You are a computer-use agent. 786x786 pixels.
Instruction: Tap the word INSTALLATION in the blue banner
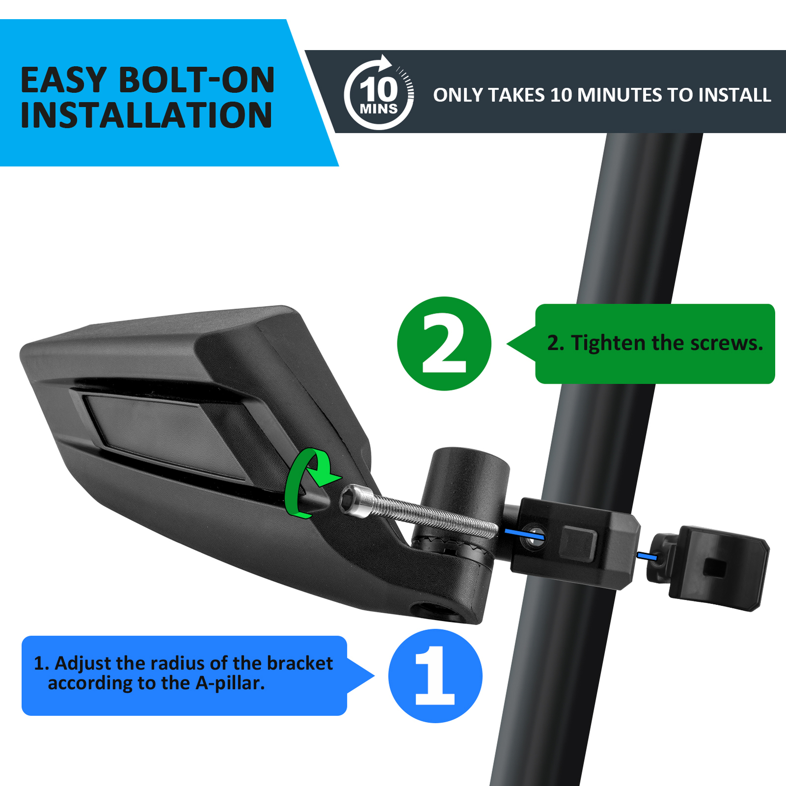(x=146, y=115)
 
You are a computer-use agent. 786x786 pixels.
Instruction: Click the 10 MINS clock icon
(x=379, y=93)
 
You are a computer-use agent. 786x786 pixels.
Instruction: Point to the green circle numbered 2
(x=444, y=343)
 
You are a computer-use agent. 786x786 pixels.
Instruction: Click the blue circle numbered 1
(x=435, y=675)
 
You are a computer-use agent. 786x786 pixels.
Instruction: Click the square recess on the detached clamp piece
(x=715, y=568)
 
